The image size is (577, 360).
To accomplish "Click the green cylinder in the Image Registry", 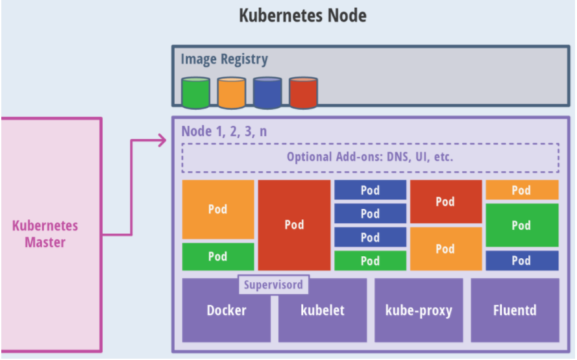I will point(195,93).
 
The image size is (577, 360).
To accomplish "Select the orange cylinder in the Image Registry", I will point(231,93).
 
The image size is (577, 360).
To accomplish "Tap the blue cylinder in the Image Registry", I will point(267,93).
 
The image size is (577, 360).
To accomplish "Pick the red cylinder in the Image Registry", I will point(302,93).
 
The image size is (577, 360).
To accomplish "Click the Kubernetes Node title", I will point(302,16).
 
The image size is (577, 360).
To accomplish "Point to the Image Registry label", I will point(224,60).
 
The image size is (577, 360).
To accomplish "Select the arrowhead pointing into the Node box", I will point(162,139).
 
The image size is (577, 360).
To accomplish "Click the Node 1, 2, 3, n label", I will point(224,131).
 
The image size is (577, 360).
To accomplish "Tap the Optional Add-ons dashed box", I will point(370,157).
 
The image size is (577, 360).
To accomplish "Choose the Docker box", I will point(226,311).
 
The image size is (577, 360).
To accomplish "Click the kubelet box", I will point(323,311).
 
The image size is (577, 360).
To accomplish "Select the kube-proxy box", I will point(419,311).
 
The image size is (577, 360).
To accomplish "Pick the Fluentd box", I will point(515,311).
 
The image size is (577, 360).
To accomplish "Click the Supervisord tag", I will point(273,284).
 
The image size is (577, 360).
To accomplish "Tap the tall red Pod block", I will point(294,225).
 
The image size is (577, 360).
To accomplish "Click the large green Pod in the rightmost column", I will point(522,225).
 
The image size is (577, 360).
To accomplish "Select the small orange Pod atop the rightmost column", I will point(522,190).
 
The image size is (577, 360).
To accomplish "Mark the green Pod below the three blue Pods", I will point(370,261).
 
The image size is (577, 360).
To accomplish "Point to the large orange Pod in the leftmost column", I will point(218,210).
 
